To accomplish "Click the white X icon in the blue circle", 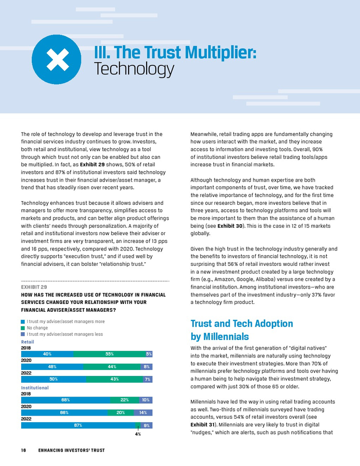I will click(x=57, y=60).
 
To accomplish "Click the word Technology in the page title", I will click(x=134, y=69).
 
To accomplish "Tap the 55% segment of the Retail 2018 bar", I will click(x=109, y=354).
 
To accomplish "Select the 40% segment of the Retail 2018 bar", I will click(x=47, y=354).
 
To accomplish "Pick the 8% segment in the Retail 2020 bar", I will click(x=147, y=367).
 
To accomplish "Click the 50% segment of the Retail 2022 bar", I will click(x=53, y=379).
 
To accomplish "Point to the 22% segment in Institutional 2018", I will click(x=124, y=400).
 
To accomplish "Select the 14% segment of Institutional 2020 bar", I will click(x=143, y=413).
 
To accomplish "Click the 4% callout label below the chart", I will click(x=138, y=435).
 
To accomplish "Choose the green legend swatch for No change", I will click(x=23, y=328).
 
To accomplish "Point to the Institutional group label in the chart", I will click(x=34, y=387).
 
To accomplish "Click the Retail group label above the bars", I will click(x=27, y=342).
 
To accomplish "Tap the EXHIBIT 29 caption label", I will click(x=34, y=286).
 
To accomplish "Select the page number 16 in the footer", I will click(x=24, y=451).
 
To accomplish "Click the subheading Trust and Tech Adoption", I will click(x=242, y=324).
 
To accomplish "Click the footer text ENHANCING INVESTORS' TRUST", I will click(x=71, y=451).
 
